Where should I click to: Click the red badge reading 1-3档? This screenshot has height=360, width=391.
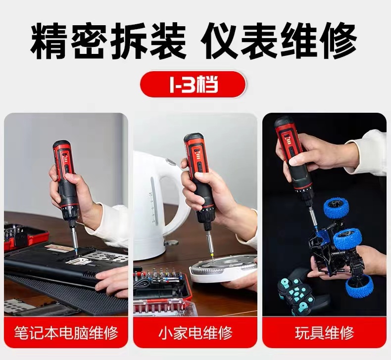(193, 85)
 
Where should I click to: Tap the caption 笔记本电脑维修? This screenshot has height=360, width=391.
(66, 332)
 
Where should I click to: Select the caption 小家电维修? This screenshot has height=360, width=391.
(195, 332)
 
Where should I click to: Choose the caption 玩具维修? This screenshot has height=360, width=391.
(324, 332)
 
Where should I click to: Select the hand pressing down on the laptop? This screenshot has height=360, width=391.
(112, 281)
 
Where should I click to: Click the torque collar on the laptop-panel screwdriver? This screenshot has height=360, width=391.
(71, 213)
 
